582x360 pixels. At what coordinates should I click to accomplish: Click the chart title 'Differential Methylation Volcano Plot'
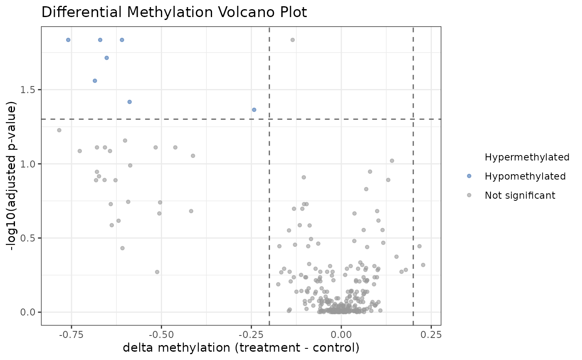click(174, 12)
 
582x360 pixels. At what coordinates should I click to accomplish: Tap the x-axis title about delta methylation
click(241, 347)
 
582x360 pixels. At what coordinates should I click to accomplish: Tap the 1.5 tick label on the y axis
click(30, 90)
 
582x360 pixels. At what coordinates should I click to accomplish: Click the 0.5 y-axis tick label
click(30, 238)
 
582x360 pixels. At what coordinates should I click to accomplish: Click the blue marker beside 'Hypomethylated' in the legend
click(469, 176)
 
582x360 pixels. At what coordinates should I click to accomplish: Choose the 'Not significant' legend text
click(520, 195)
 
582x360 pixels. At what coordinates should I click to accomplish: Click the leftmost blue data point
click(68, 40)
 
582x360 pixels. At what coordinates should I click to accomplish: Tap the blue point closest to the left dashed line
click(254, 110)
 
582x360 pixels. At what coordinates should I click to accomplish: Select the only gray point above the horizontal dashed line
click(293, 40)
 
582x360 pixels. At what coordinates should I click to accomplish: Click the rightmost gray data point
click(423, 265)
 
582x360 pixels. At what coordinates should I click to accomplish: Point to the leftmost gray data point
click(59, 130)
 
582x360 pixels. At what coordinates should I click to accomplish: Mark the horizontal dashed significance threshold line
click(166, 119)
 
